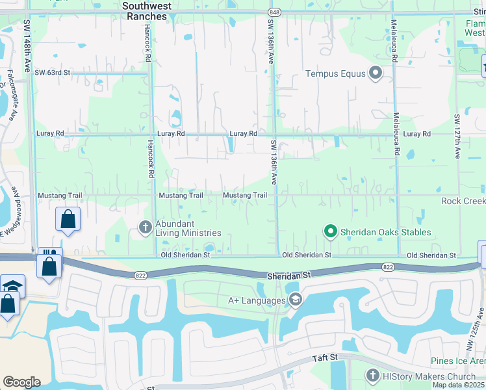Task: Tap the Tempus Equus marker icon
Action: [376, 73]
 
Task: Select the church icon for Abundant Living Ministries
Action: [145, 227]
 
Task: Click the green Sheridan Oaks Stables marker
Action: [330, 231]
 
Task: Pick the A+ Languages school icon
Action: [295, 300]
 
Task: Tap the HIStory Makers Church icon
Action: [372, 376]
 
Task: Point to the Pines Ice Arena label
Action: [458, 361]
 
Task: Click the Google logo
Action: [21, 382]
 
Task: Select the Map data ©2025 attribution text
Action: [458, 385]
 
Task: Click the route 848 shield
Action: [274, 12]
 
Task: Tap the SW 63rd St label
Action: [52, 72]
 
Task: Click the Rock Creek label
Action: [463, 201]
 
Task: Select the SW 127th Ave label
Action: [457, 137]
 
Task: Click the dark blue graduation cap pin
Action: [12, 285]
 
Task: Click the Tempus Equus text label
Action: [336, 73]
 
